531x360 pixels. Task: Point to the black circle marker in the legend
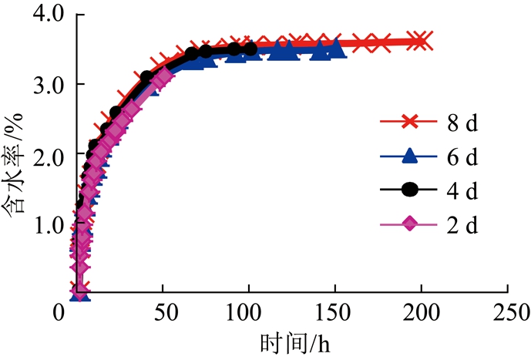click(x=410, y=190)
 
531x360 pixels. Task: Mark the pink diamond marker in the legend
click(x=410, y=225)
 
